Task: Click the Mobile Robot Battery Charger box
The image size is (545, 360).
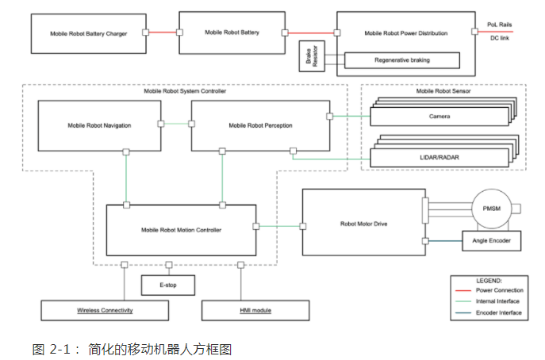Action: [x=89, y=33]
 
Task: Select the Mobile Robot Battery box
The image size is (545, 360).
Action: [x=232, y=33]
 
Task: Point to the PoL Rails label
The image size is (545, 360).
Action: [x=499, y=25]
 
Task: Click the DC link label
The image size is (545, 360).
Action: [x=500, y=38]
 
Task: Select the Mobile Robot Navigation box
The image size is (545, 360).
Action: [x=99, y=125]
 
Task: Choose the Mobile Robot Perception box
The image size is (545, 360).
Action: [x=260, y=125]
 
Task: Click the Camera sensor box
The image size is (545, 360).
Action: [x=439, y=117]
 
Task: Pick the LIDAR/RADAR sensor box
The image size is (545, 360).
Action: [x=439, y=157]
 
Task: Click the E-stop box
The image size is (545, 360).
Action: [x=167, y=283]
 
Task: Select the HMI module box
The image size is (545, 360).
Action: [x=254, y=310]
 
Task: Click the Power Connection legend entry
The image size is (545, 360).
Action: [x=498, y=290]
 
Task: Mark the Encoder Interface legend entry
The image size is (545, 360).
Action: [x=498, y=313]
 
